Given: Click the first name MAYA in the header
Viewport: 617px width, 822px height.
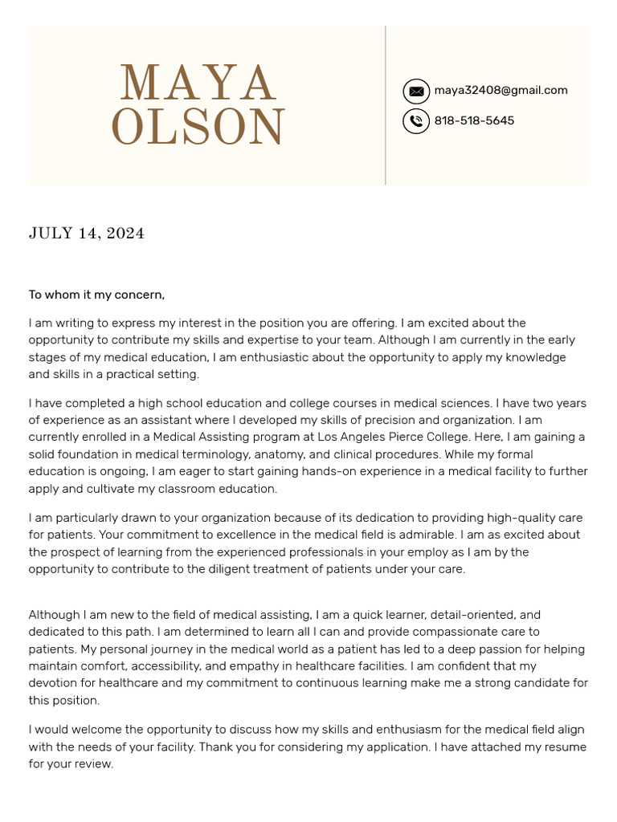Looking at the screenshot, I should pyautogui.click(x=198, y=83).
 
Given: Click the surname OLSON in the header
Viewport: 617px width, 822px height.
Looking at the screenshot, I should pyautogui.click(x=198, y=127).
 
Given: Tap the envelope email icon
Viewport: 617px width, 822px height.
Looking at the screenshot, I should pyautogui.click(x=416, y=92).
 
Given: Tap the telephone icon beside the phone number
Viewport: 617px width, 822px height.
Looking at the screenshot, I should pyautogui.click(x=416, y=121).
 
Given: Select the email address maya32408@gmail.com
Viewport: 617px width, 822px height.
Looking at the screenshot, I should pyautogui.click(x=501, y=91).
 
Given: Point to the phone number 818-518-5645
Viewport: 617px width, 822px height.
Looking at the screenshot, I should pyautogui.click(x=474, y=121).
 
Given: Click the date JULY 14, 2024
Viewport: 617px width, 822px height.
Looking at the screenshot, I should pyautogui.click(x=87, y=234).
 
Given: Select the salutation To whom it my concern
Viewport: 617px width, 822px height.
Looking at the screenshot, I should pyautogui.click(x=96, y=295).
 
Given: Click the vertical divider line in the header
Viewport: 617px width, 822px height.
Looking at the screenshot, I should pyautogui.click(x=386, y=105).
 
